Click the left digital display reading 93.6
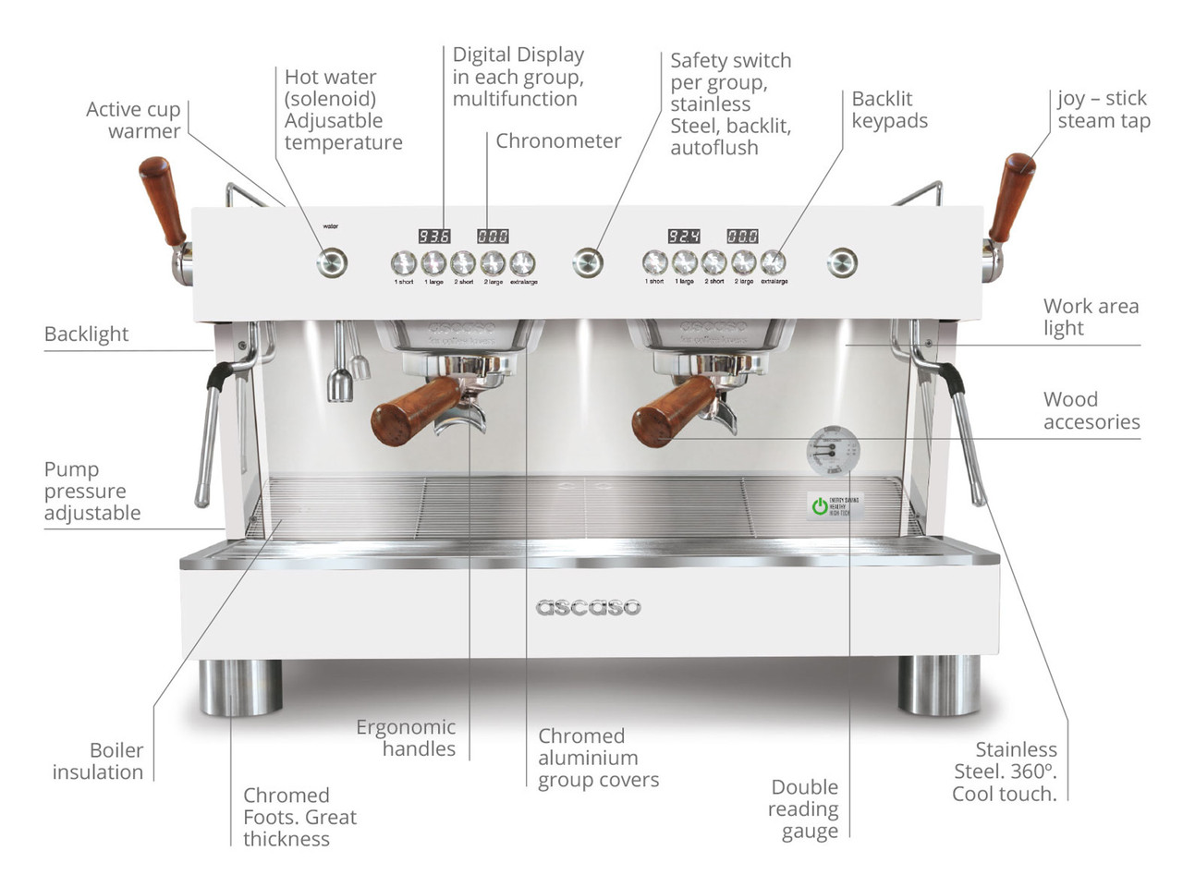(x=434, y=237)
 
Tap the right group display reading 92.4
(x=683, y=237)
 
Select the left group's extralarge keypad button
(x=522, y=263)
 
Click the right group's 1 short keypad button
(x=654, y=263)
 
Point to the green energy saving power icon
(x=819, y=505)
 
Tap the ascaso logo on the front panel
(x=588, y=607)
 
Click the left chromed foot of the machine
(x=240, y=687)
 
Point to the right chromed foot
(x=939, y=686)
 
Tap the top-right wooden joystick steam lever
(x=1011, y=197)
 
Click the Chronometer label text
(x=558, y=141)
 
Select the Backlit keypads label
(x=889, y=110)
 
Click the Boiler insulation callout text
(x=99, y=761)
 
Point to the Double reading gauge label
(x=804, y=808)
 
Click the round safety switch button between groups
(x=588, y=263)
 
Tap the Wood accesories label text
(x=1091, y=411)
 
